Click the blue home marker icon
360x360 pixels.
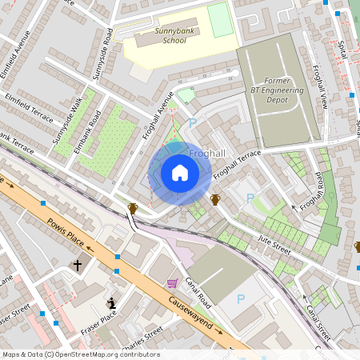(x=180, y=173)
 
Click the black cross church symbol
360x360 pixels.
(x=78, y=264)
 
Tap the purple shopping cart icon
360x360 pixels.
(x=172, y=282)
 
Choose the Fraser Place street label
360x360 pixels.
(x=98, y=322)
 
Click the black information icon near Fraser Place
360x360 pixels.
(x=112, y=303)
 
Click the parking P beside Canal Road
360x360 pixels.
(x=241, y=299)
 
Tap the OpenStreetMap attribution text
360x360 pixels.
(x=80, y=354)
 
